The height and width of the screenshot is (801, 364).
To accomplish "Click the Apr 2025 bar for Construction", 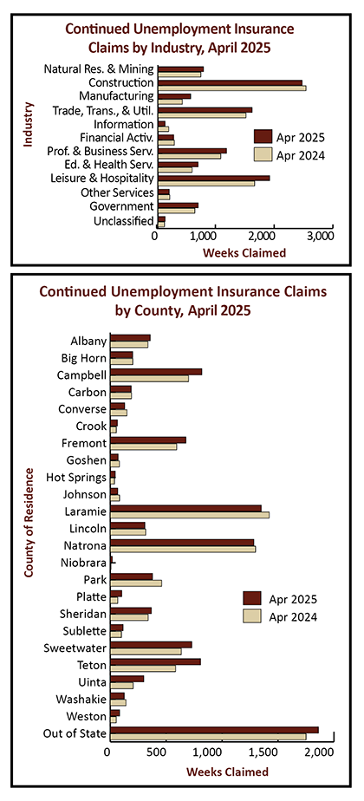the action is pos(231,82).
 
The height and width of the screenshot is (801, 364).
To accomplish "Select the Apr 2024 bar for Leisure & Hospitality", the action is pos(207,184).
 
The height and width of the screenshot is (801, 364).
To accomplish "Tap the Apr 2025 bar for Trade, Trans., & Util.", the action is pos(205,110).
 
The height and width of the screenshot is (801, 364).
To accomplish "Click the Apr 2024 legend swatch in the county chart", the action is pos(252,616).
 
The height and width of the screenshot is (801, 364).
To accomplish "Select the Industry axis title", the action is pos(28,125).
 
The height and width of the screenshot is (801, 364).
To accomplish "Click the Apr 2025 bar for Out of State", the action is pos(214,730).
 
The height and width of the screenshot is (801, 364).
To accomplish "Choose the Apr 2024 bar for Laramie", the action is pos(190,514).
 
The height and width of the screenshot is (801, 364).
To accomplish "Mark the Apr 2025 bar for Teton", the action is pos(156,661).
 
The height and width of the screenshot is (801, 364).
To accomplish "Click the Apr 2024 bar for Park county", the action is pos(136,583).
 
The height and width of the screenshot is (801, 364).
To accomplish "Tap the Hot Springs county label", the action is pos(76,478).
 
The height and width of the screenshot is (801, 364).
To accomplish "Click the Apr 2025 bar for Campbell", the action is pos(156,372).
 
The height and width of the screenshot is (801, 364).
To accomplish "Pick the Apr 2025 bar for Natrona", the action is pos(182,543).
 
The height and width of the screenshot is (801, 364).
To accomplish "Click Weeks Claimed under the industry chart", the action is pos(244,252).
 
